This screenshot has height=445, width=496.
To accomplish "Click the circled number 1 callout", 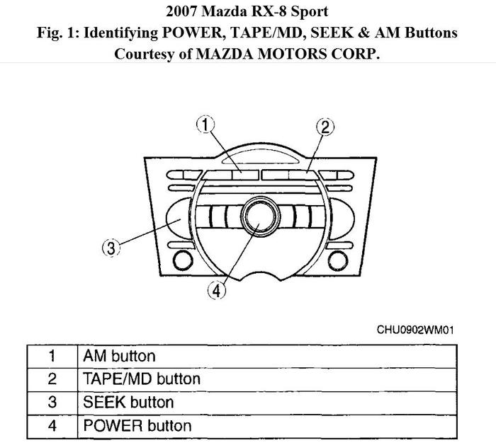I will (205, 126).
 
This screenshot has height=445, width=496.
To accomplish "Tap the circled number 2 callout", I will (323, 127).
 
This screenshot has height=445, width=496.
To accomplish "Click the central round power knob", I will (257, 217).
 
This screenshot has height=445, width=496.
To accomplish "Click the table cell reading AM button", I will (119, 356).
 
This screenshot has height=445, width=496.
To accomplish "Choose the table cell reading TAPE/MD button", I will (142, 379).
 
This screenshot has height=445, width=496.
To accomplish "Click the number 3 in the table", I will (52, 403).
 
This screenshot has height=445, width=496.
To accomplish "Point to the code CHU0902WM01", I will (415, 330).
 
